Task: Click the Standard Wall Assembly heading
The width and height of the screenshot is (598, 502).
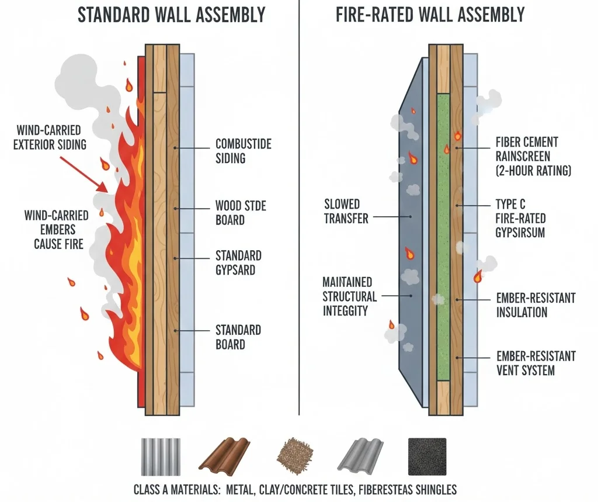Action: [x=171, y=15]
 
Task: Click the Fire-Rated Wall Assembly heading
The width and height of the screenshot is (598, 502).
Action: [x=430, y=15]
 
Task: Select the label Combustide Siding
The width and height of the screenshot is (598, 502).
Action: [x=243, y=150]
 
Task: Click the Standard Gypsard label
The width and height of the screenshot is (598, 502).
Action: [x=238, y=262]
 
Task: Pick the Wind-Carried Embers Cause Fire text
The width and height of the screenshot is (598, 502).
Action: [x=57, y=229]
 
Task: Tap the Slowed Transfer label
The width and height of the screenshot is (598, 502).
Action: [x=346, y=211]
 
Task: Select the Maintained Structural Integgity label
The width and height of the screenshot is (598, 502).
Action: [x=349, y=296]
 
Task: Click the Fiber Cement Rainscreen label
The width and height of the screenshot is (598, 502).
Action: [x=533, y=156]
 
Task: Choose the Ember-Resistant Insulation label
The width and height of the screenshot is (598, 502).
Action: [x=536, y=304]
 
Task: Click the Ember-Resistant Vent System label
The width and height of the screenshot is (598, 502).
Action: [x=536, y=362]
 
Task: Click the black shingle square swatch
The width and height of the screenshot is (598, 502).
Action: [x=426, y=456]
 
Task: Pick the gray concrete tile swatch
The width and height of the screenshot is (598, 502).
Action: [x=359, y=456]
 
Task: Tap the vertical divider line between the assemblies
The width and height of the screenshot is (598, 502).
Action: [x=299, y=234]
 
